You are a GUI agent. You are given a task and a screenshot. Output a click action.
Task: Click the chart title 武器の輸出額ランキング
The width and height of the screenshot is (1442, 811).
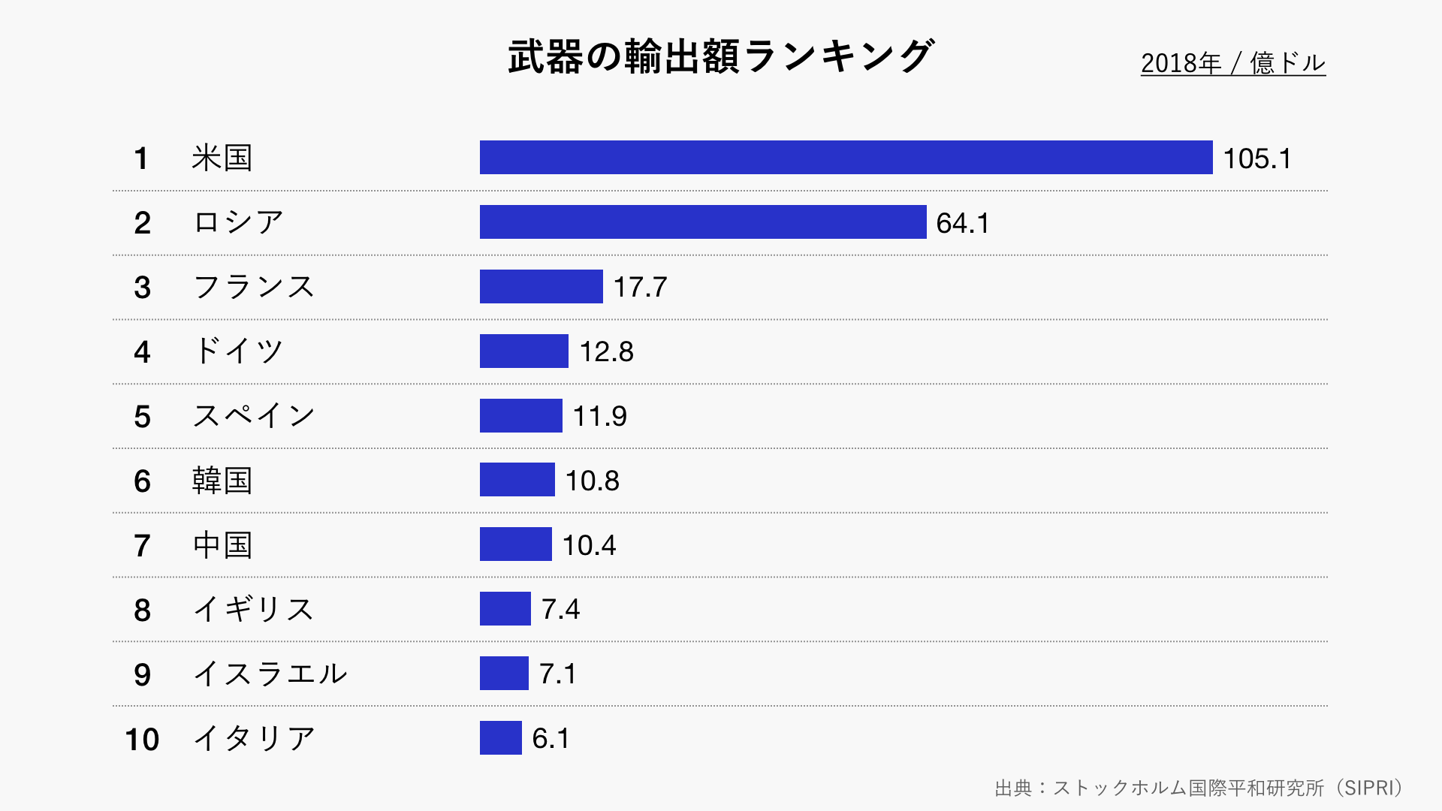(x=721, y=56)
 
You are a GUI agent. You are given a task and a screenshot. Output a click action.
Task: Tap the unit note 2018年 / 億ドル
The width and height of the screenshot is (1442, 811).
(x=1232, y=63)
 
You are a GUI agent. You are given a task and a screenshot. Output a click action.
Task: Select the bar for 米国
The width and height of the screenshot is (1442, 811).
(x=846, y=158)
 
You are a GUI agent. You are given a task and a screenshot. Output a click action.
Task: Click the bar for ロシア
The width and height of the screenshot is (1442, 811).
(x=703, y=222)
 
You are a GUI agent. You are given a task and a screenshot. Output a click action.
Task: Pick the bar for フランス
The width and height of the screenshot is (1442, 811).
(x=541, y=287)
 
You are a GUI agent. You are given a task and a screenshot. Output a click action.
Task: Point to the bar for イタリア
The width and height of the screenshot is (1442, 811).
(x=500, y=738)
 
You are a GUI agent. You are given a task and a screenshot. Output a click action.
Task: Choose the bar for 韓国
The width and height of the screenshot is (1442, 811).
(x=517, y=480)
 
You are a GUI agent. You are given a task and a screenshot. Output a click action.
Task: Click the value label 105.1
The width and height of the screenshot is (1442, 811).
(x=1256, y=158)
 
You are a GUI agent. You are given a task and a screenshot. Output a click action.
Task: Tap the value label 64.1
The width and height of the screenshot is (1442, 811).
(x=962, y=223)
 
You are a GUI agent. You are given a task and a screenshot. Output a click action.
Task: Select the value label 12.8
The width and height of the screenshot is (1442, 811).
(x=606, y=351)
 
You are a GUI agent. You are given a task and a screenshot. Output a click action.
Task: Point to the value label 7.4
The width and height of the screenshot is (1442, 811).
(x=560, y=609)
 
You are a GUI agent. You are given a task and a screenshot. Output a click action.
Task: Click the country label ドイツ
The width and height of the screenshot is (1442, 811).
(x=238, y=351)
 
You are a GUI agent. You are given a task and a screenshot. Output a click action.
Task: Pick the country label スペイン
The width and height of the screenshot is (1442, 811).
(x=254, y=416)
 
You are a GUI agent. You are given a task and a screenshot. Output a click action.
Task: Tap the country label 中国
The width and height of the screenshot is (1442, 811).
(x=222, y=545)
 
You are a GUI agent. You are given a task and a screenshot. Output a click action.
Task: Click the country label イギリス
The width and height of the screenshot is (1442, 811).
(x=254, y=609)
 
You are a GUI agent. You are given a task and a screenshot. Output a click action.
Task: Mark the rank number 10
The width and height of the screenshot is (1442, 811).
(x=142, y=740)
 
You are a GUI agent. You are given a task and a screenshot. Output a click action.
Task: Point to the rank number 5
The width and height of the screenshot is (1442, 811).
(x=142, y=417)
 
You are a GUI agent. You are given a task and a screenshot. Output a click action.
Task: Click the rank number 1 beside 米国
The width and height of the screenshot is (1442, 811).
(x=140, y=158)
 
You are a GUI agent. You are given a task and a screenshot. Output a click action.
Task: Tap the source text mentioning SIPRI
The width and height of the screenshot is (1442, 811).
(x=1199, y=788)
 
